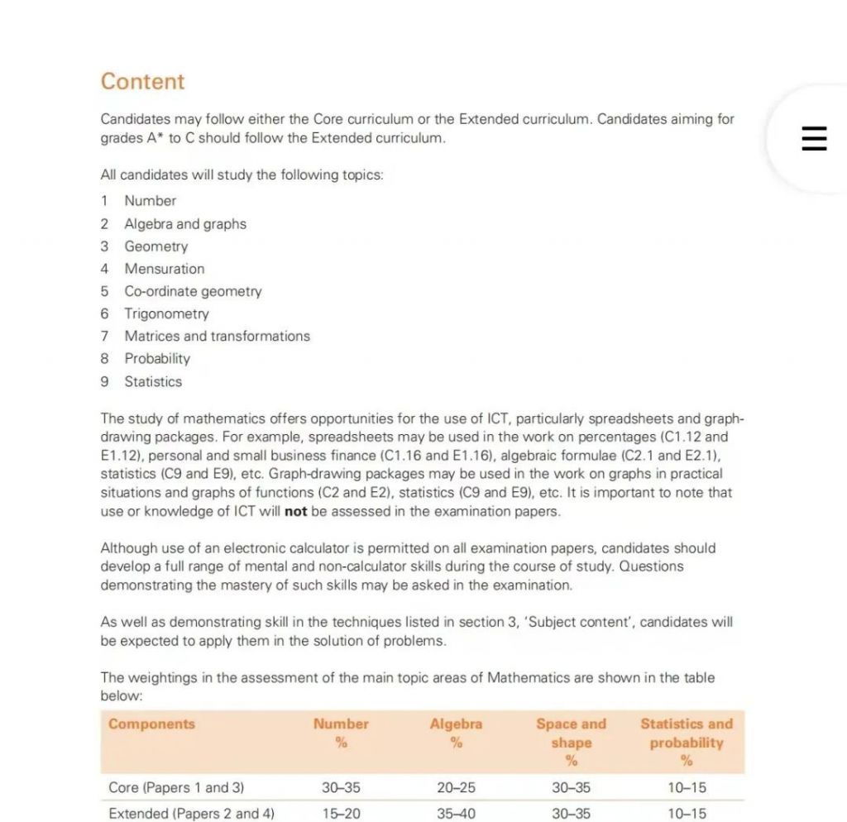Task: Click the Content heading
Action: pyautogui.click(x=142, y=82)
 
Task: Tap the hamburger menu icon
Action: pyautogui.click(x=814, y=137)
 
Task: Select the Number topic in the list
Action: pyautogui.click(x=150, y=201)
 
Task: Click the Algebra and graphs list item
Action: pyautogui.click(x=185, y=224)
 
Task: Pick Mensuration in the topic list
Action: pyautogui.click(x=164, y=269)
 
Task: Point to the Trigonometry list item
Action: pyautogui.click(x=166, y=314)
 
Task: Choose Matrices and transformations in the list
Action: pyautogui.click(x=217, y=337)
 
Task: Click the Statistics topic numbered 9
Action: pyautogui.click(x=153, y=382)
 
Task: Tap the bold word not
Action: pyautogui.click(x=295, y=511)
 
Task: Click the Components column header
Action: pyautogui.click(x=151, y=724)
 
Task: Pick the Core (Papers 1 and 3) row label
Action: pyautogui.click(x=176, y=788)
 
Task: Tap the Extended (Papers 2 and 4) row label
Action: pyautogui.click(x=191, y=814)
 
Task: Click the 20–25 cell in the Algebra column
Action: pyautogui.click(x=456, y=788)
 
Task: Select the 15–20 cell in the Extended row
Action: pyautogui.click(x=341, y=814)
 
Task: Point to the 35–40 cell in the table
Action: pyautogui.click(x=456, y=814)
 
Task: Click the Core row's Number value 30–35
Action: pyautogui.click(x=341, y=788)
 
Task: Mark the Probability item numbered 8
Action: pyautogui.click(x=157, y=359)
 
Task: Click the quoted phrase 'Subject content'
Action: pyautogui.click(x=574, y=622)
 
